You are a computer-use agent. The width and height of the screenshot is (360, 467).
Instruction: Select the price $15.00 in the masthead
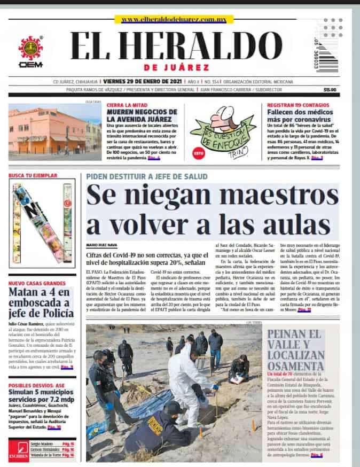[330, 90]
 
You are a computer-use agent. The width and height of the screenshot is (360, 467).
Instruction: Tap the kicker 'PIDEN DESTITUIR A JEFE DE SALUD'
[146, 176]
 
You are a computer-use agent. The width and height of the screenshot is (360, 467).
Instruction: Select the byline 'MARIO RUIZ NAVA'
[101, 245]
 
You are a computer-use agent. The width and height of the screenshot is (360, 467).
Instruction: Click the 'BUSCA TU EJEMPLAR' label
[33, 175]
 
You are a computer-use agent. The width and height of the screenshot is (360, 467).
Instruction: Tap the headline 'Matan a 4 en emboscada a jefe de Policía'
[41, 303]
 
